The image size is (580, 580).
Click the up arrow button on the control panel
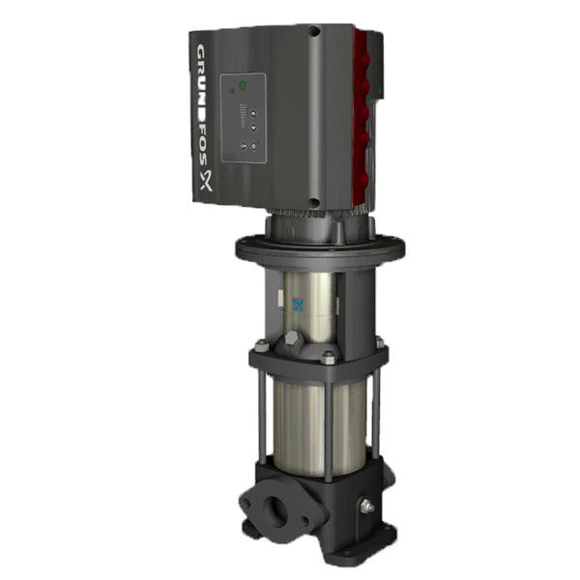click(x=253, y=113)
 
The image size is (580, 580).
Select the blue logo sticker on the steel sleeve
click(x=297, y=302)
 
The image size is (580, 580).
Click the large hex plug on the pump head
click(x=293, y=339)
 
